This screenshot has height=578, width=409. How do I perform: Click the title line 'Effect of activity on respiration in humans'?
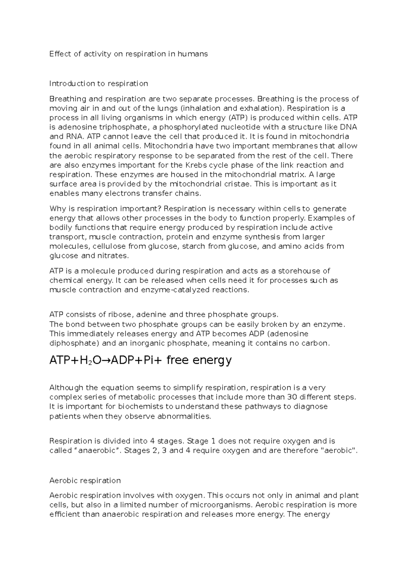[x=128, y=54]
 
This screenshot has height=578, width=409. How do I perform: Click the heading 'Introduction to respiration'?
[x=99, y=83]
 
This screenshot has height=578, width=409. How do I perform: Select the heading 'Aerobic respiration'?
[x=85, y=480]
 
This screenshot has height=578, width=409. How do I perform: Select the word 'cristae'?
[x=240, y=184]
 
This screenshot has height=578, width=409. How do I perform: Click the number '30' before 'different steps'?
[x=292, y=397]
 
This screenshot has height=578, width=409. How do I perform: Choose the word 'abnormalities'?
[x=184, y=416]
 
